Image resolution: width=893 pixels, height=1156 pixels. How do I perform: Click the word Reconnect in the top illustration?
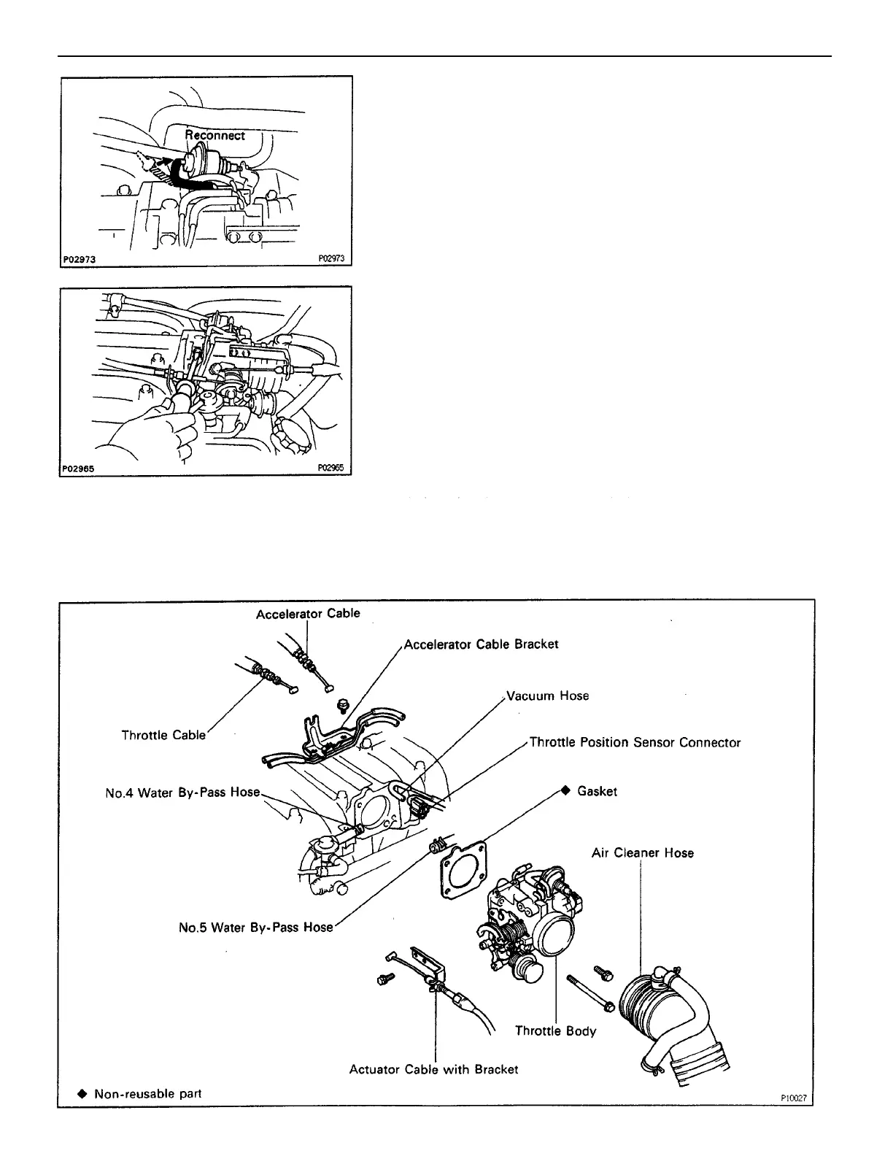coord(214,136)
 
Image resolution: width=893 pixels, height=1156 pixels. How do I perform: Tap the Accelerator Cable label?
coord(308,614)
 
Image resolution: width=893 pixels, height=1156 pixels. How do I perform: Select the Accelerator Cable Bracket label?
coord(481,644)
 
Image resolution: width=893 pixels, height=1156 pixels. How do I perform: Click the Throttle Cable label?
coord(163,735)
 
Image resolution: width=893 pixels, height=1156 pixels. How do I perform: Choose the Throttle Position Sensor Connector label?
coord(635,743)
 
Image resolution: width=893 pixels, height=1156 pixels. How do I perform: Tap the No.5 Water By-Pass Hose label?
coord(255,928)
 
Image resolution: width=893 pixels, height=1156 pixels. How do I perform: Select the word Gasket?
coord(597,792)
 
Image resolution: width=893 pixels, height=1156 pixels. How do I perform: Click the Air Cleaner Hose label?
coord(642,853)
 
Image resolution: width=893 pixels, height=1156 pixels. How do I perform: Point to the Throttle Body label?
coord(555,1031)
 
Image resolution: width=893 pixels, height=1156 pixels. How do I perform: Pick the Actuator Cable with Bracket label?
coord(433,1069)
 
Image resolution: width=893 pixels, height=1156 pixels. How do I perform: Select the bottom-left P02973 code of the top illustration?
coord(80,259)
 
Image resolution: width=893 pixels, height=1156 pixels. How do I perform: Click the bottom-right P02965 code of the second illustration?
coord(330,469)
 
